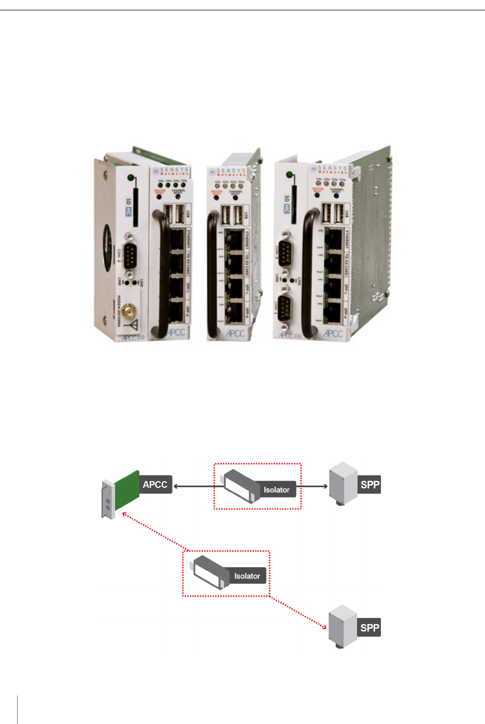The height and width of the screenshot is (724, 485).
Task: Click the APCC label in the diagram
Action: (x=155, y=485)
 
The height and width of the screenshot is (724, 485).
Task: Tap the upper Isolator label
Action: (x=276, y=490)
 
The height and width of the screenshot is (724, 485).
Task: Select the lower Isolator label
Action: (x=247, y=576)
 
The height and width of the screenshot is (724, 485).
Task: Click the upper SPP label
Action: (x=370, y=485)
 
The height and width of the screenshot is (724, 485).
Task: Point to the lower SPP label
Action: (x=370, y=628)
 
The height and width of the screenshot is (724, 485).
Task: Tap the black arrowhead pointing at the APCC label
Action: (x=176, y=486)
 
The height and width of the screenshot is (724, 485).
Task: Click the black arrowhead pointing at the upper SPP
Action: (x=325, y=486)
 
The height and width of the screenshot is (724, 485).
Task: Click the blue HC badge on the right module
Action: (x=287, y=208)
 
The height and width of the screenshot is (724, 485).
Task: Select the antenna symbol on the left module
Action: (x=133, y=325)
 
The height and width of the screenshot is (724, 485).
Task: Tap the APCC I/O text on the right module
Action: (x=290, y=335)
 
